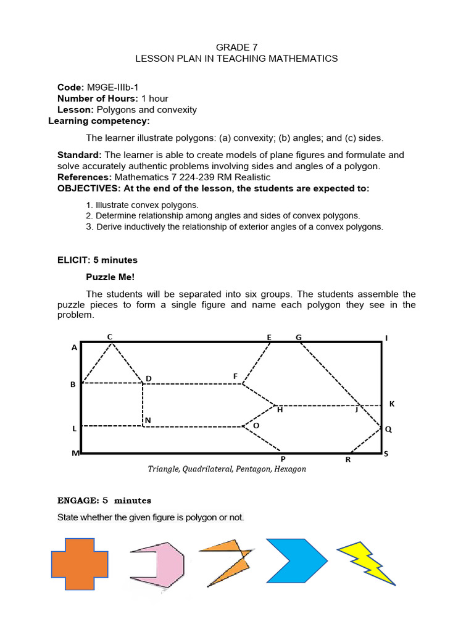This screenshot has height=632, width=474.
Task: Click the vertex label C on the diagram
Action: click(x=110, y=336)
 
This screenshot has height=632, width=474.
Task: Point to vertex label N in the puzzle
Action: click(x=148, y=421)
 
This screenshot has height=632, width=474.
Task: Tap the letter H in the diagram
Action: click(x=280, y=409)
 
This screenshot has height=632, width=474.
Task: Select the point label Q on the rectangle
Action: click(x=388, y=429)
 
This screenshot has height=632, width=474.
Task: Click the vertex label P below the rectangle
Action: click(x=283, y=459)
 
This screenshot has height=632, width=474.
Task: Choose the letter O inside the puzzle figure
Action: click(x=256, y=426)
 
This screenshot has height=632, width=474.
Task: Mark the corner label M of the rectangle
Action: click(x=75, y=454)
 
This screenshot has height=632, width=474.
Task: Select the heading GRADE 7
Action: click(x=236, y=48)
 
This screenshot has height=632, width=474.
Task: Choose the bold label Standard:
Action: click(x=80, y=155)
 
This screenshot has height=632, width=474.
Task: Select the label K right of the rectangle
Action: click(x=391, y=404)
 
